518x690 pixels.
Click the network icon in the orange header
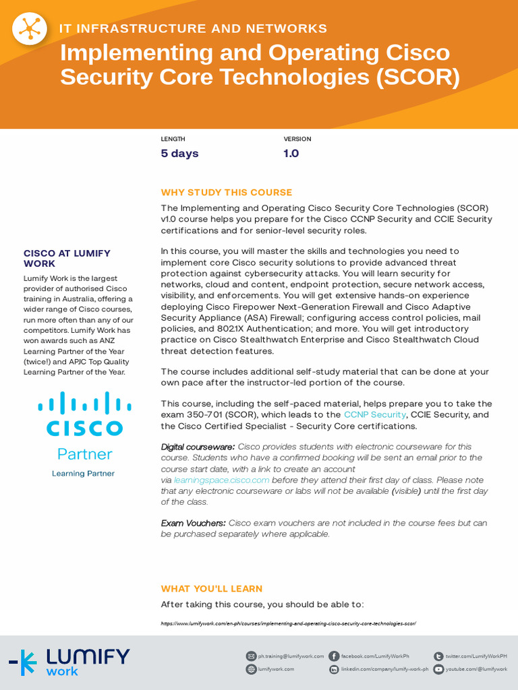coord(30,29)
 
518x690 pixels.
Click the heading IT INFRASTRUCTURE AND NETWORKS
coord(194,28)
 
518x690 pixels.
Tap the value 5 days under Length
coord(179,154)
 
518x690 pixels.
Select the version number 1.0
coord(291,154)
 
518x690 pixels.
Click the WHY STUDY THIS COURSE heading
coord(227,193)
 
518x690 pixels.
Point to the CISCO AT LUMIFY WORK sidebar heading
coord(67,259)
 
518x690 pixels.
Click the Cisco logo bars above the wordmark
coord(84,404)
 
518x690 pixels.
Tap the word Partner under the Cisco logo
coord(84,453)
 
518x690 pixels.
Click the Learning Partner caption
coord(83,474)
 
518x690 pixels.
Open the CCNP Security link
coord(374,415)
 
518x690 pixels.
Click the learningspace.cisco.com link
coord(221,480)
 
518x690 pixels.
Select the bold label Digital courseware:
coord(198,447)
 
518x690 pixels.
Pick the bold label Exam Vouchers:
coord(193,523)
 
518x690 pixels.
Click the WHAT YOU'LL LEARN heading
coord(212,589)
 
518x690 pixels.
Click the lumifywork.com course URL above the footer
coord(289,624)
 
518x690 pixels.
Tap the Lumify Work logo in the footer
coord(69,662)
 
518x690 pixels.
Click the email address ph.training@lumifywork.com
coord(291,656)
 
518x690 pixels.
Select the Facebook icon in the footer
coord(334,656)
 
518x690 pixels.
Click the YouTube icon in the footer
coord(438,669)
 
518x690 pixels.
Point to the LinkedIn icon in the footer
coord(334,669)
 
